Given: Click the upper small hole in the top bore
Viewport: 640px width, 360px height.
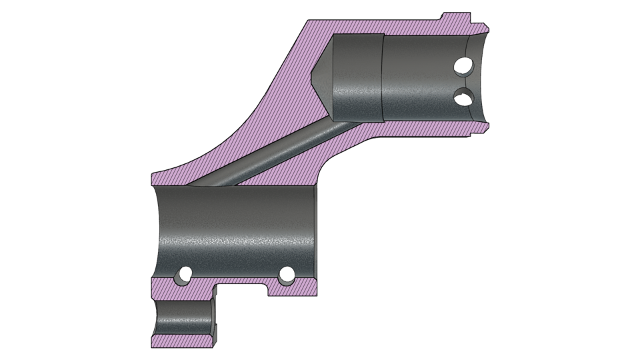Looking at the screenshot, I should tap(461, 66).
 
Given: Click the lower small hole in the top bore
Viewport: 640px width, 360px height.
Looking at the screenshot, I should tap(461, 97).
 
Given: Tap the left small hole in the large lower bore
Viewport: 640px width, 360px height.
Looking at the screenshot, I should tap(180, 274).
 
